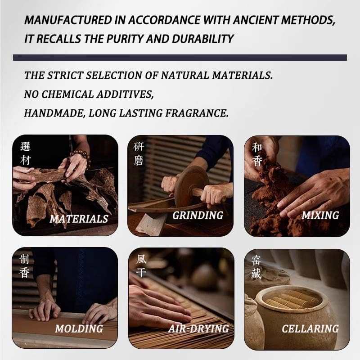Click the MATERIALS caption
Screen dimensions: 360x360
[x=79, y=219]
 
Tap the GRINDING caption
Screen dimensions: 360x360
[x=198, y=216]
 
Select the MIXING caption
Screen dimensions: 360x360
[x=319, y=216]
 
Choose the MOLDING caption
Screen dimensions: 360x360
[x=79, y=329]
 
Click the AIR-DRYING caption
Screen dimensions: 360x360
[x=198, y=329]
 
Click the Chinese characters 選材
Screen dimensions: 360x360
[x=26, y=154]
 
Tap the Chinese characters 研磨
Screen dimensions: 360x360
[x=139, y=154]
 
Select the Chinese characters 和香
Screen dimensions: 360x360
[x=257, y=154]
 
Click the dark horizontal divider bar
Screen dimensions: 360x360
[x=180, y=58]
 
